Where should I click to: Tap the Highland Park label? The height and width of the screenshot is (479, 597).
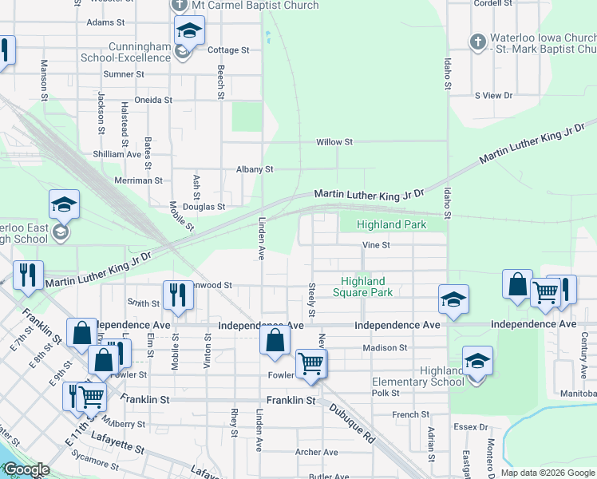point(391,225)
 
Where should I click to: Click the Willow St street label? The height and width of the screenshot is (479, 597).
point(334,142)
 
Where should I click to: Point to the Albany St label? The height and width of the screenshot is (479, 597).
point(255,169)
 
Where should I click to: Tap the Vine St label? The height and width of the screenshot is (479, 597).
point(375,245)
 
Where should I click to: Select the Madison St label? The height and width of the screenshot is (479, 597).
point(385,348)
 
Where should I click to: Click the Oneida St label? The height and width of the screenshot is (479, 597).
point(153,100)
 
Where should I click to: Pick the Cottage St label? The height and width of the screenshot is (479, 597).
point(228,49)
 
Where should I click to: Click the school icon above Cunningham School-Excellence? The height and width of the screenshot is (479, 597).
point(189,32)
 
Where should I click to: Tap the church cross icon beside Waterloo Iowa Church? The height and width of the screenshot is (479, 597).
point(477,42)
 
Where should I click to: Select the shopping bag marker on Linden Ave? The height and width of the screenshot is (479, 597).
point(275,339)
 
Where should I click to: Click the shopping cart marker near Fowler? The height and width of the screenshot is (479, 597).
point(310,363)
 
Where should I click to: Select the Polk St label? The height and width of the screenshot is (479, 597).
point(385,393)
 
